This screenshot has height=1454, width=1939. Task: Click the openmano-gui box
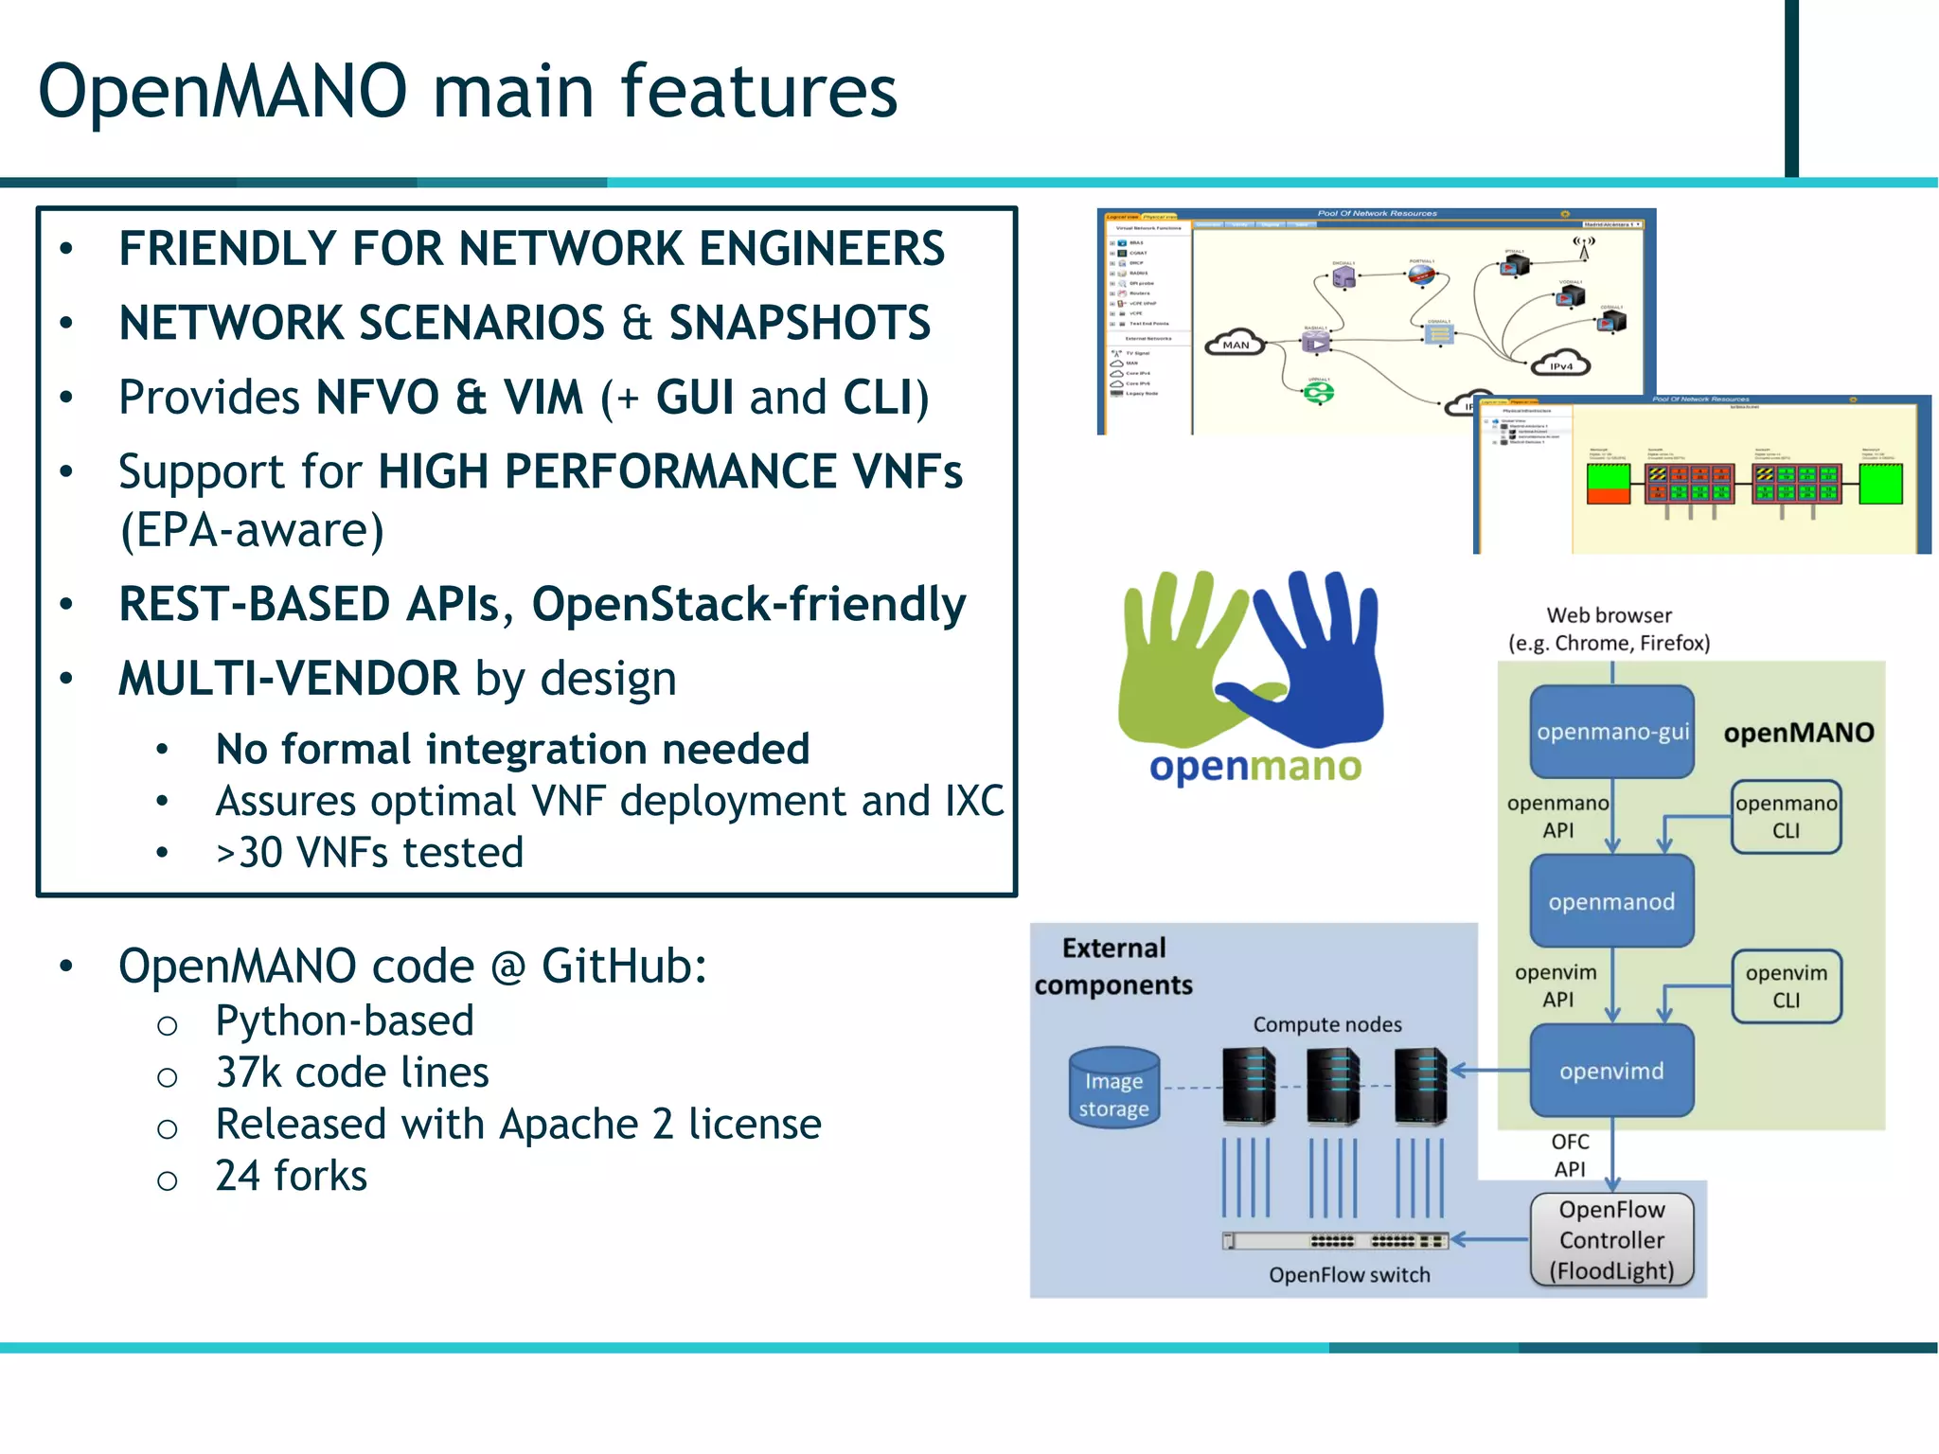1611,732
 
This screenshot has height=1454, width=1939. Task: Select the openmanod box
1611,901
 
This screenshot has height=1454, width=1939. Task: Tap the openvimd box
1611,1071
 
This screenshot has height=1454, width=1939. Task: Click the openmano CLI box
1786,816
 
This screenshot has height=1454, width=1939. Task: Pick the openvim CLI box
1786,985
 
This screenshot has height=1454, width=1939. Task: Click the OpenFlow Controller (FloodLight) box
1611,1239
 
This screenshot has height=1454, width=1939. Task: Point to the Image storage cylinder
1113,1088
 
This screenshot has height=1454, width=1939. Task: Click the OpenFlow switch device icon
1335,1240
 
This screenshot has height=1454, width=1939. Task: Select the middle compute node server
1333,1086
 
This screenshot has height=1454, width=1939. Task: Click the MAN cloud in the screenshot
1236,344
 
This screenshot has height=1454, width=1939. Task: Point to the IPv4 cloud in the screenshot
1560,365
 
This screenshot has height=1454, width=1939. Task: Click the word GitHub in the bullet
623,966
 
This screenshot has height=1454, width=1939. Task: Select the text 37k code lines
352,1073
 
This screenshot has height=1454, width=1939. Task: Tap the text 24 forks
291,1176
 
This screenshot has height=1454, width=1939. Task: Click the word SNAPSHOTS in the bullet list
800,323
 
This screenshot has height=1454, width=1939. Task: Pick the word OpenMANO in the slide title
222,91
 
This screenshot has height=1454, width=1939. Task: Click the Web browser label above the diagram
1609,615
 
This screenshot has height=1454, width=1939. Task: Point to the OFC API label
1570,1155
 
